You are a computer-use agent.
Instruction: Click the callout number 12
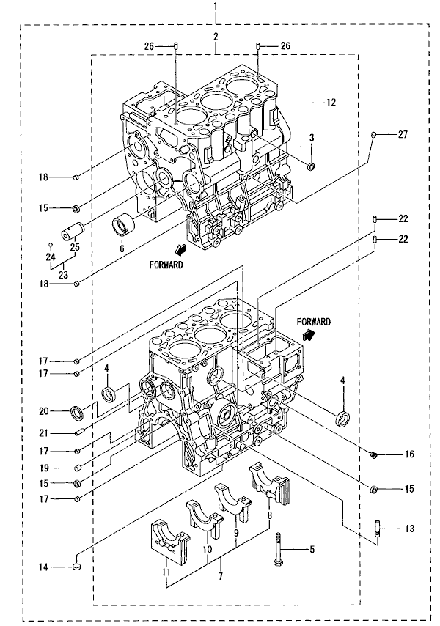[331, 103]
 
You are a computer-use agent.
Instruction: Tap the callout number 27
[403, 134]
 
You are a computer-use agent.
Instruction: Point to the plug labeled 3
[310, 166]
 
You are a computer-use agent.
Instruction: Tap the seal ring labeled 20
[77, 413]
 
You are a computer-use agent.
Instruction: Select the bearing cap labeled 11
[169, 540]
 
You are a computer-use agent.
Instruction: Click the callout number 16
[409, 454]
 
